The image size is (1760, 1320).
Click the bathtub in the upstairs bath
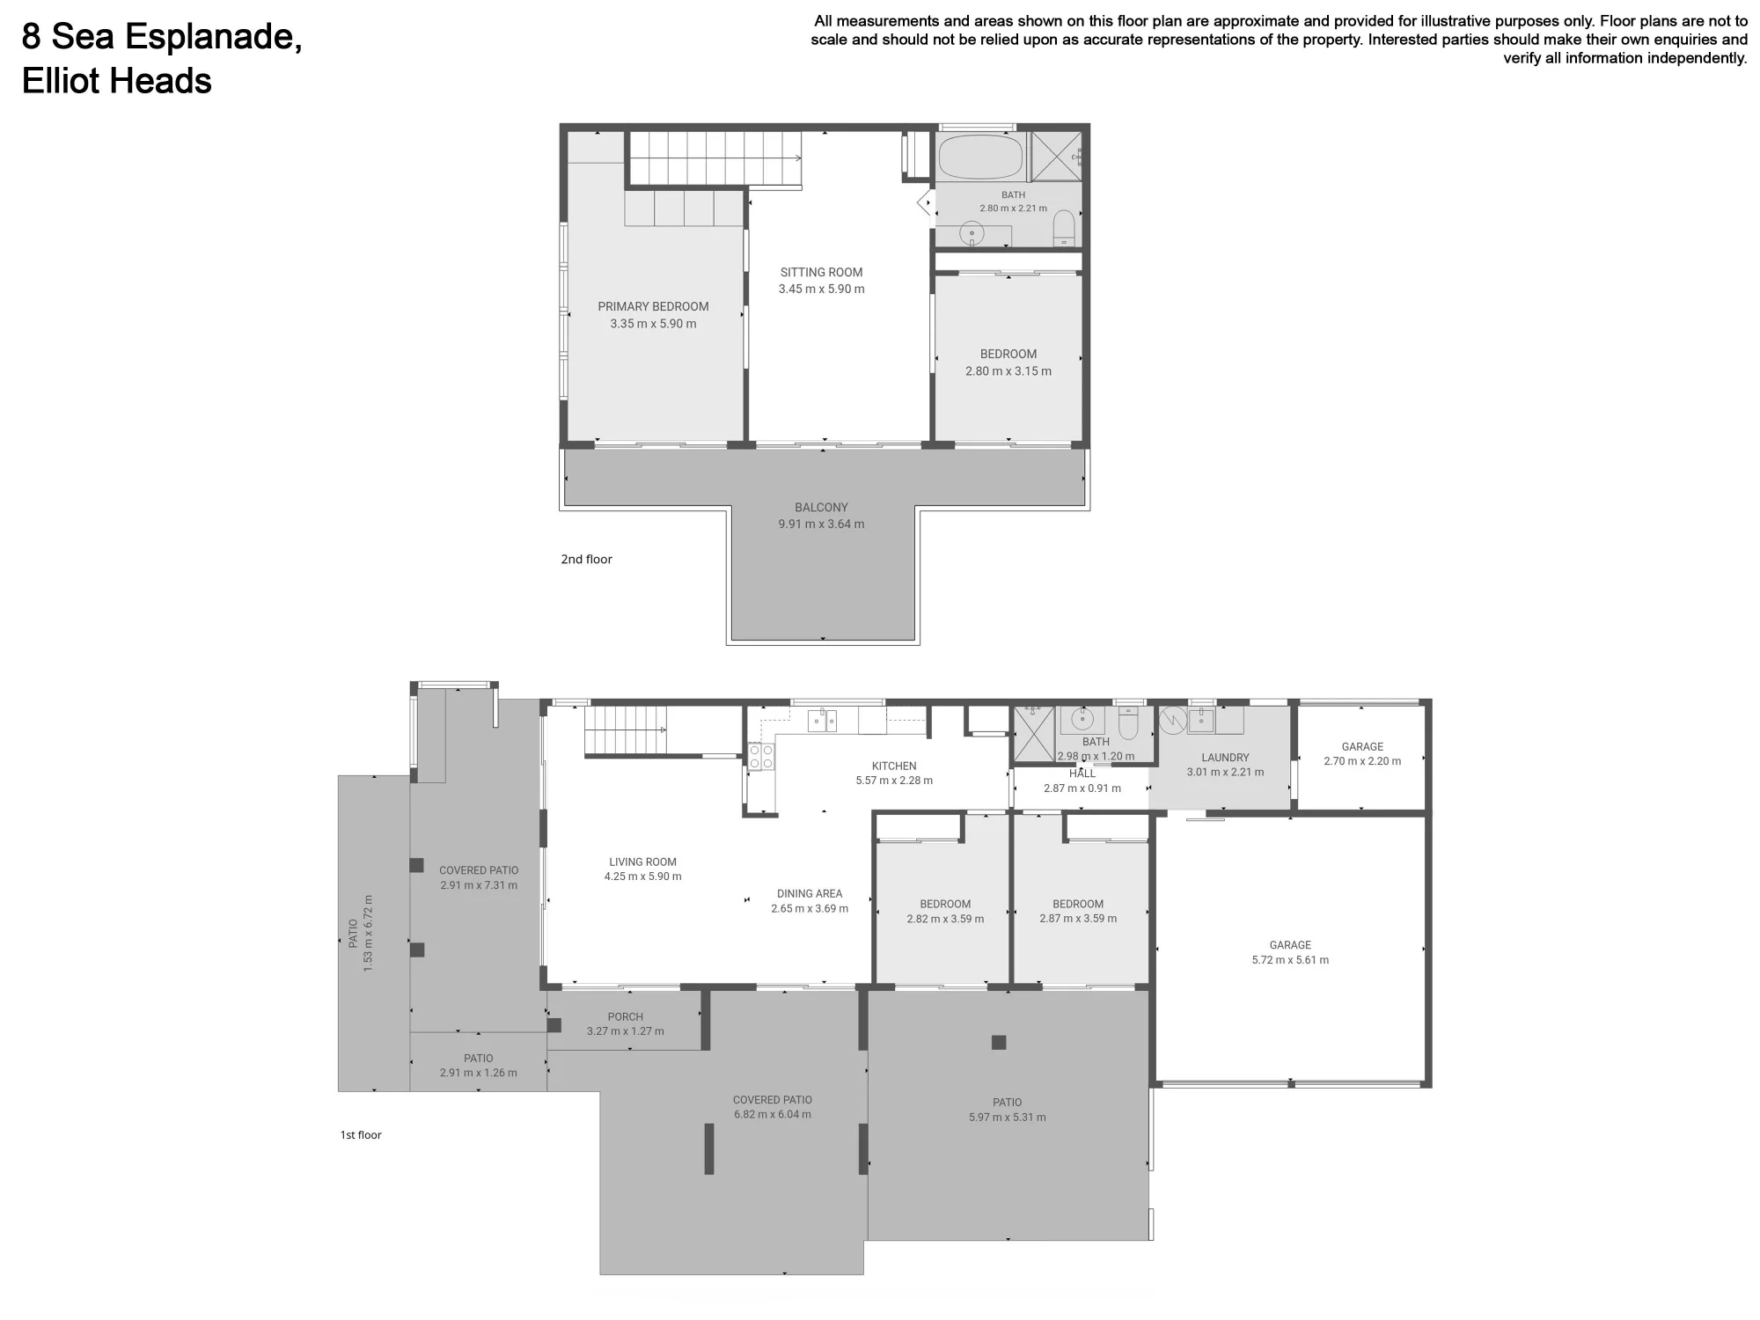(x=980, y=157)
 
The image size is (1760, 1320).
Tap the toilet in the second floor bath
(x=1064, y=229)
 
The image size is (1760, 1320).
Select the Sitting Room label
(x=821, y=273)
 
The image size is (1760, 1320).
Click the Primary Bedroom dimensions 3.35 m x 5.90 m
(x=653, y=324)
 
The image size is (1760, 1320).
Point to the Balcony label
(x=821, y=508)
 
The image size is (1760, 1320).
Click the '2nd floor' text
(x=586, y=559)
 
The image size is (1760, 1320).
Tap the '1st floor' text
(x=361, y=1135)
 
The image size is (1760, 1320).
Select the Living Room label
(x=642, y=862)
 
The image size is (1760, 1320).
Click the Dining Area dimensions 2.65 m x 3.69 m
(x=810, y=909)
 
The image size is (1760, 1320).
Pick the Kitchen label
(x=894, y=766)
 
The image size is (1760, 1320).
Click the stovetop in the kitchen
(x=761, y=757)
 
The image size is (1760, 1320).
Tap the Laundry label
(x=1225, y=758)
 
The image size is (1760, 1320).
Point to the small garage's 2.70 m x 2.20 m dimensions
(x=1362, y=761)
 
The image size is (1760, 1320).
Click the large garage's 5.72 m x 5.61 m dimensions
(x=1290, y=960)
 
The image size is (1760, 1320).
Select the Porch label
(x=626, y=1017)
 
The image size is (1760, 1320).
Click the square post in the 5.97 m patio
(x=999, y=1043)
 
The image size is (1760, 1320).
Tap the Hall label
(x=1082, y=774)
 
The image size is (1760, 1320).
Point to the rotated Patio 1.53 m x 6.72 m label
(x=361, y=933)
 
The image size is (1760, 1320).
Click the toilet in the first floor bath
(x=1128, y=723)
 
